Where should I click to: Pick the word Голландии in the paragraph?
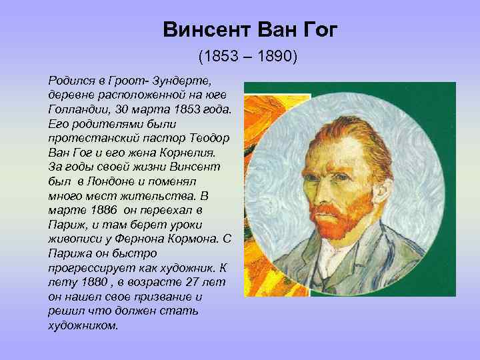click(x=75, y=109)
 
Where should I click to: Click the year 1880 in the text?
click(x=86, y=282)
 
